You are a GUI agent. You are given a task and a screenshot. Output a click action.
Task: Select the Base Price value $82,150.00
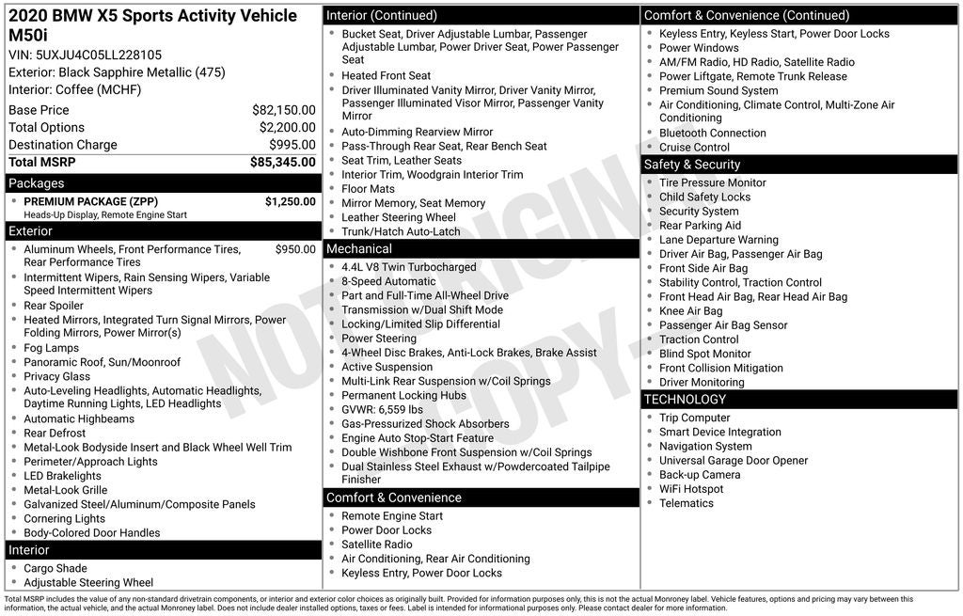[x=283, y=110]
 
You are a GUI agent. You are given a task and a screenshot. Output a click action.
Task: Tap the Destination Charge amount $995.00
[x=292, y=145]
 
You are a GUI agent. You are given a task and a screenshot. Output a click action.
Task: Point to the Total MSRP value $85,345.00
[x=282, y=163]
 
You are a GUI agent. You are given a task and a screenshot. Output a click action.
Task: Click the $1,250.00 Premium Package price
[x=290, y=201]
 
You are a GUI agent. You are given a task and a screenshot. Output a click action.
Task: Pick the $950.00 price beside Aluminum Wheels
[x=295, y=249]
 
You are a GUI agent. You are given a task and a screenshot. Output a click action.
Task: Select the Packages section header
[x=37, y=183]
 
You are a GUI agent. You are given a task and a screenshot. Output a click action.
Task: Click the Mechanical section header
[x=358, y=249]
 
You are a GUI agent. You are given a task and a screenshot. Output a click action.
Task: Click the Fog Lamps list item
[x=51, y=348]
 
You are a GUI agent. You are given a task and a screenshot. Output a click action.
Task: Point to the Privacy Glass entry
[x=56, y=376]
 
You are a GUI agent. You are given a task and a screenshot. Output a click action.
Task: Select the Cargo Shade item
[x=55, y=568]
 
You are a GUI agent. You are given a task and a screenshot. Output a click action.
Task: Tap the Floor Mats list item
[x=368, y=189]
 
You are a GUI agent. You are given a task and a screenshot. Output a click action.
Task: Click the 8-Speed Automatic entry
[x=388, y=281]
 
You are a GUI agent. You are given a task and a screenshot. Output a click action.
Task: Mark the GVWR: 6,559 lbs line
[x=382, y=410]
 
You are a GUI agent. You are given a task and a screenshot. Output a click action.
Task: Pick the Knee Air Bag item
[x=690, y=311]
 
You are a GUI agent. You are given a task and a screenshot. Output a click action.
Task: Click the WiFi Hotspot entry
[x=691, y=489]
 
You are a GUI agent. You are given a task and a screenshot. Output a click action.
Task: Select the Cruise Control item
[x=694, y=148]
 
